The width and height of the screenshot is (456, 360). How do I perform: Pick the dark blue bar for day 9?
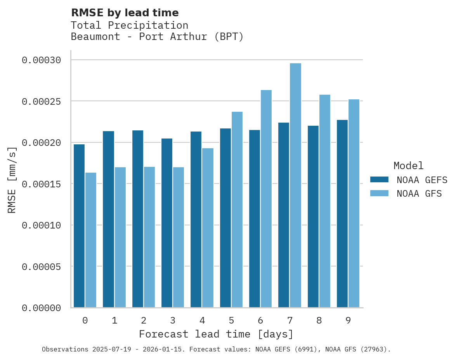coord(342,214)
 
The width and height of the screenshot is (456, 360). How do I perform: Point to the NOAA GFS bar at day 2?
coord(149,237)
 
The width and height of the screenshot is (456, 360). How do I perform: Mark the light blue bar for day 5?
coord(237,209)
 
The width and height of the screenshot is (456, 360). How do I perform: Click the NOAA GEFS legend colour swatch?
coord(379,179)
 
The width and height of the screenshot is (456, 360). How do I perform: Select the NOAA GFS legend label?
coord(419,193)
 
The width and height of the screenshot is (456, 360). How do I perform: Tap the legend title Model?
coord(408,166)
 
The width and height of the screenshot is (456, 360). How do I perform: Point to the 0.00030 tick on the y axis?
coord(42,60)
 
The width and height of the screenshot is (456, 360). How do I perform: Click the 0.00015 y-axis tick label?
coord(42,184)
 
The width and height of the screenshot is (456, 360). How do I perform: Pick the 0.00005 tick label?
coord(42,267)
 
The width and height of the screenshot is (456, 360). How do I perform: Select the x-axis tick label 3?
coord(173,320)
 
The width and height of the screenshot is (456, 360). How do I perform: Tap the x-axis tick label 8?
coord(319,320)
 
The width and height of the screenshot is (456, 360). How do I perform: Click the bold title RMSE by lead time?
coord(125,13)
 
